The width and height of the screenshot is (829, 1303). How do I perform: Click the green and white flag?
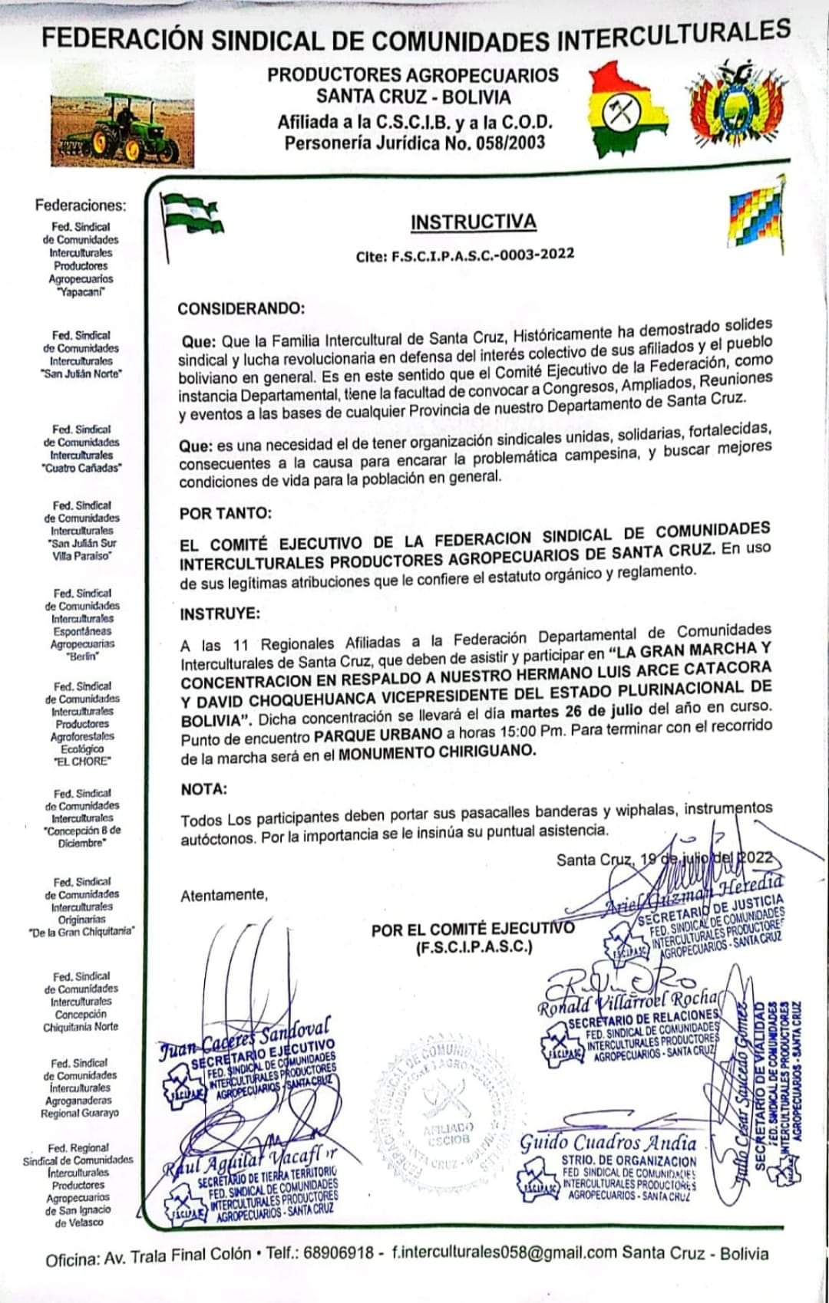pos(190,214)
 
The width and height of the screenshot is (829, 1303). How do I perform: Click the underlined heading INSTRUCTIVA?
pos(473,222)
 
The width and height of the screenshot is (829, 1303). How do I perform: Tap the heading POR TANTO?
pos(226,513)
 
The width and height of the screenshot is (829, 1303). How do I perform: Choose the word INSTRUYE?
pos(220,614)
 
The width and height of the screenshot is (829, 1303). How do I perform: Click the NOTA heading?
pos(204,789)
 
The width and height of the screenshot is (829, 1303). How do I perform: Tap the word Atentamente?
pos(224,895)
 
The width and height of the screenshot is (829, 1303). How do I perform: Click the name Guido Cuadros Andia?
pos(608,1143)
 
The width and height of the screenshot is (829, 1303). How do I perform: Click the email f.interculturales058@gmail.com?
pos(504,1254)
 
